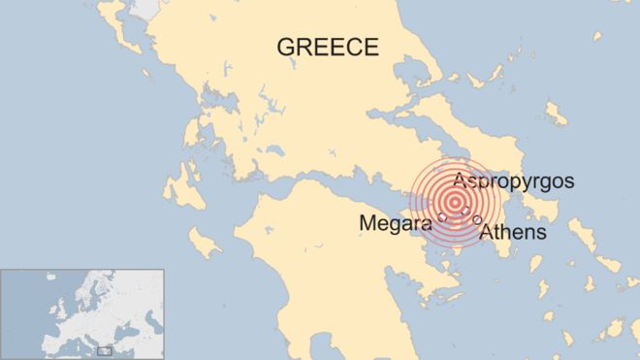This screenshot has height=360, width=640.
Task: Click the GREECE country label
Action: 327,47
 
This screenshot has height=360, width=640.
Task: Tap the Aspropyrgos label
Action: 514,181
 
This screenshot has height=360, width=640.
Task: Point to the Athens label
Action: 514,233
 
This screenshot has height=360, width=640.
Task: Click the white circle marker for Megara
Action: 442,217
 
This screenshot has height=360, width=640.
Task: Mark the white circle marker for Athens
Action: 477,220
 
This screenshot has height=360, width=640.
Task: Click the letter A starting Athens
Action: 488,233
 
